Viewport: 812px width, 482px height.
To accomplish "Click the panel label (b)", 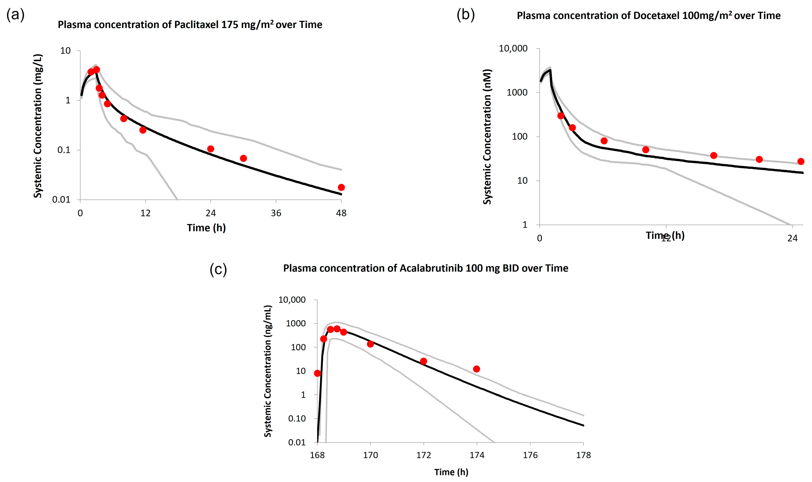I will (x=465, y=15).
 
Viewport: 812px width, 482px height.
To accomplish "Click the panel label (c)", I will (x=218, y=270).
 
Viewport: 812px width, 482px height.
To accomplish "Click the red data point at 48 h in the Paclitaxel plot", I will (x=341, y=187).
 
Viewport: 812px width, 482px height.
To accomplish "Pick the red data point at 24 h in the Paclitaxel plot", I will (x=211, y=149).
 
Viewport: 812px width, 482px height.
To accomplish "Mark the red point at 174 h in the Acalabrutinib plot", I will (x=477, y=369).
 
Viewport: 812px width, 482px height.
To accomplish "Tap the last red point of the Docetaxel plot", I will (x=801, y=161).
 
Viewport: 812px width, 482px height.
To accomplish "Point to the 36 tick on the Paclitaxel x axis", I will (x=276, y=213).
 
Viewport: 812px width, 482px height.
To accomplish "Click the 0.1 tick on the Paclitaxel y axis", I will (x=64, y=150).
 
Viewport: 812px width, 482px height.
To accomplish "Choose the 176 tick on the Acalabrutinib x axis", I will (x=530, y=455).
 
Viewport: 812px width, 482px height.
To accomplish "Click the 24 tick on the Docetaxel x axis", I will (x=792, y=238).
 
